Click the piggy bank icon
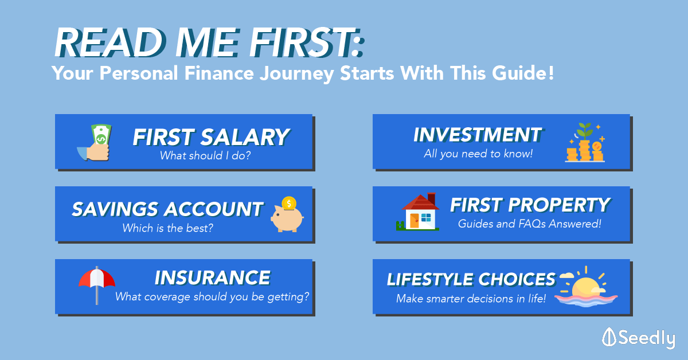coord(287,217)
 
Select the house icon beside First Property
coord(418,212)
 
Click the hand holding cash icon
coord(95,142)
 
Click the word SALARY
coord(245,137)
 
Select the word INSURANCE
coord(212,277)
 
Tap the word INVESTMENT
coord(478,135)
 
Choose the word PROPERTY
coord(560,205)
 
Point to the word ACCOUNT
coord(213,209)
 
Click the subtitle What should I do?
coord(205,156)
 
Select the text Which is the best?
coord(167,228)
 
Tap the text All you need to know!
coord(478,154)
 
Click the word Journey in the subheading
coord(297,74)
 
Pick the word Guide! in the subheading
coord(523,73)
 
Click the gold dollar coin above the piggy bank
coord(289,204)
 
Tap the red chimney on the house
coord(431,199)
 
